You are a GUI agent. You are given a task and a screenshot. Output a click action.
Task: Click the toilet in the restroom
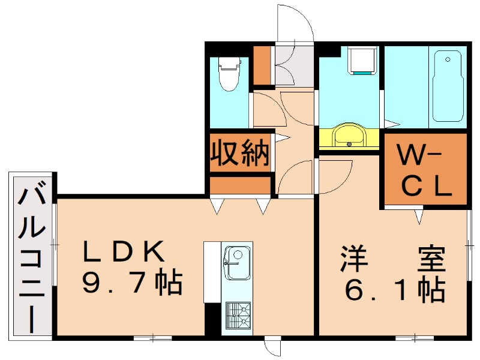pos(229,74)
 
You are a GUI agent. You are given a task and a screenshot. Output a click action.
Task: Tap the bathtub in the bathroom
pos(447,85)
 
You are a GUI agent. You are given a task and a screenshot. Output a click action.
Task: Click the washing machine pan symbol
pos(362,60)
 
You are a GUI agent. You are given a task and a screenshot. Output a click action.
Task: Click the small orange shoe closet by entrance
pos(262,64)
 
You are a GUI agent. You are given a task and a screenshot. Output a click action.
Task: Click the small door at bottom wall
pos(272,347)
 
